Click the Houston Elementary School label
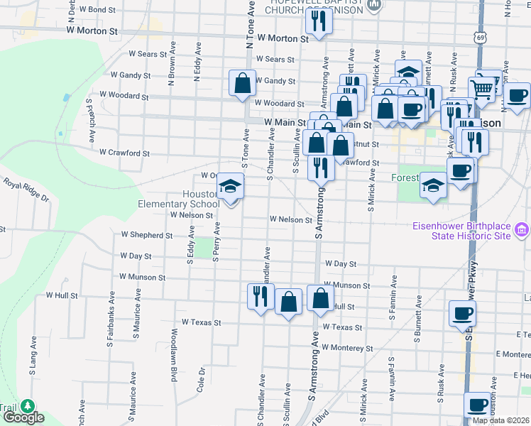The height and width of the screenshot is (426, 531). pyautogui.click(x=178, y=199)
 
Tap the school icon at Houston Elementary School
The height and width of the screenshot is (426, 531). pyautogui.click(x=230, y=187)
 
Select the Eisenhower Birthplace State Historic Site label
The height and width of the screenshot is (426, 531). pyautogui.click(x=461, y=231)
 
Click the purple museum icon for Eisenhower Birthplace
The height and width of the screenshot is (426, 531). pyautogui.click(x=522, y=229)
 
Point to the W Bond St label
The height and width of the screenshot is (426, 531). pyautogui.click(x=97, y=10)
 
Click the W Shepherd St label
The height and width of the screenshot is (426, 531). pyautogui.click(x=147, y=235)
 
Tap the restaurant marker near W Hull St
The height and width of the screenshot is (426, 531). pyautogui.click(x=261, y=295)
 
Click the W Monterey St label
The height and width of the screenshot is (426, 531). pyautogui.click(x=347, y=348)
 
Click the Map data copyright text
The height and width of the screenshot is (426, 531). pyautogui.click(x=500, y=420)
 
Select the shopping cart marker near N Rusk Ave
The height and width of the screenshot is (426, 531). pyautogui.click(x=483, y=88)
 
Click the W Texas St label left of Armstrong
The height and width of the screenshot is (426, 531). pyautogui.click(x=201, y=322)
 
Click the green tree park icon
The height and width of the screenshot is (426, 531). pyautogui.click(x=28, y=406)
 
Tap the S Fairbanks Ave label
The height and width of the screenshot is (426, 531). pyautogui.click(x=111, y=305)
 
